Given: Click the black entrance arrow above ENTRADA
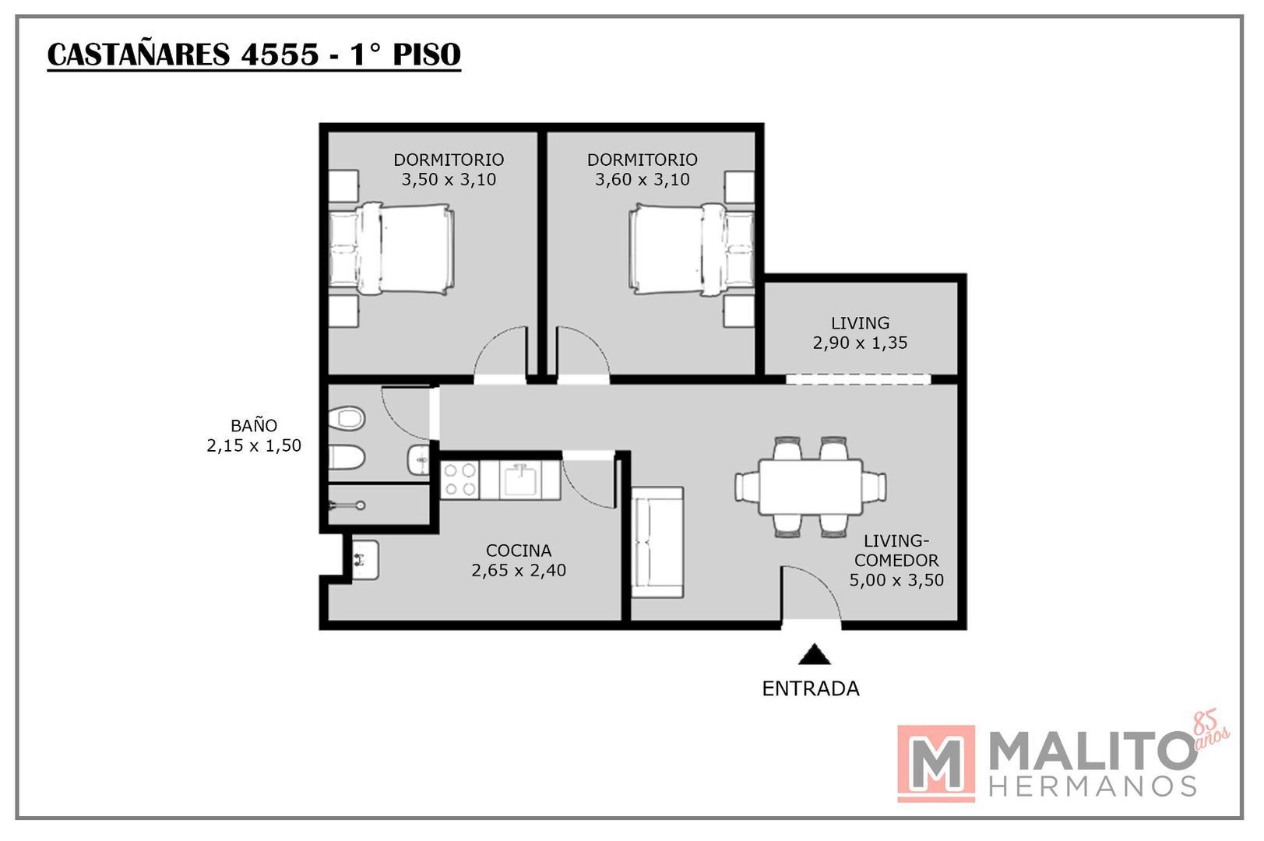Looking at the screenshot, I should pyautogui.click(x=814, y=655).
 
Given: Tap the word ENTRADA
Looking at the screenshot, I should pyautogui.click(x=810, y=688).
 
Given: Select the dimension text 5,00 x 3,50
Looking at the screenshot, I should pyautogui.click(x=896, y=580).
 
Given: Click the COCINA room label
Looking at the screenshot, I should pyautogui.click(x=518, y=551).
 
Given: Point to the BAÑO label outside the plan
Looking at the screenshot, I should pyautogui.click(x=253, y=425).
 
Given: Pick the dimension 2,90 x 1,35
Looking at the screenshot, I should pyautogui.click(x=860, y=343).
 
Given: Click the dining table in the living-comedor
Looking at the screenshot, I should pyautogui.click(x=810, y=487).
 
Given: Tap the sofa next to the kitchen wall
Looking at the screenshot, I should pyautogui.click(x=657, y=542).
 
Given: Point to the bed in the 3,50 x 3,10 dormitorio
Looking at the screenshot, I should pyautogui.click(x=391, y=249).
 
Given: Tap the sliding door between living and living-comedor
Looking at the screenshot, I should pyautogui.click(x=857, y=379).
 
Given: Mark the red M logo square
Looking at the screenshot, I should pyautogui.click(x=935, y=763).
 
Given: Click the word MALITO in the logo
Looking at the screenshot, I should pyautogui.click(x=1090, y=751).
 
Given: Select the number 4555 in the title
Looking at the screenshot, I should pyautogui.click(x=280, y=55).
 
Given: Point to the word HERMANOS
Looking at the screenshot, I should pyautogui.click(x=1093, y=786).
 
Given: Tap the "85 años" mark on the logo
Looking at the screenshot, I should pyautogui.click(x=1209, y=730).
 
